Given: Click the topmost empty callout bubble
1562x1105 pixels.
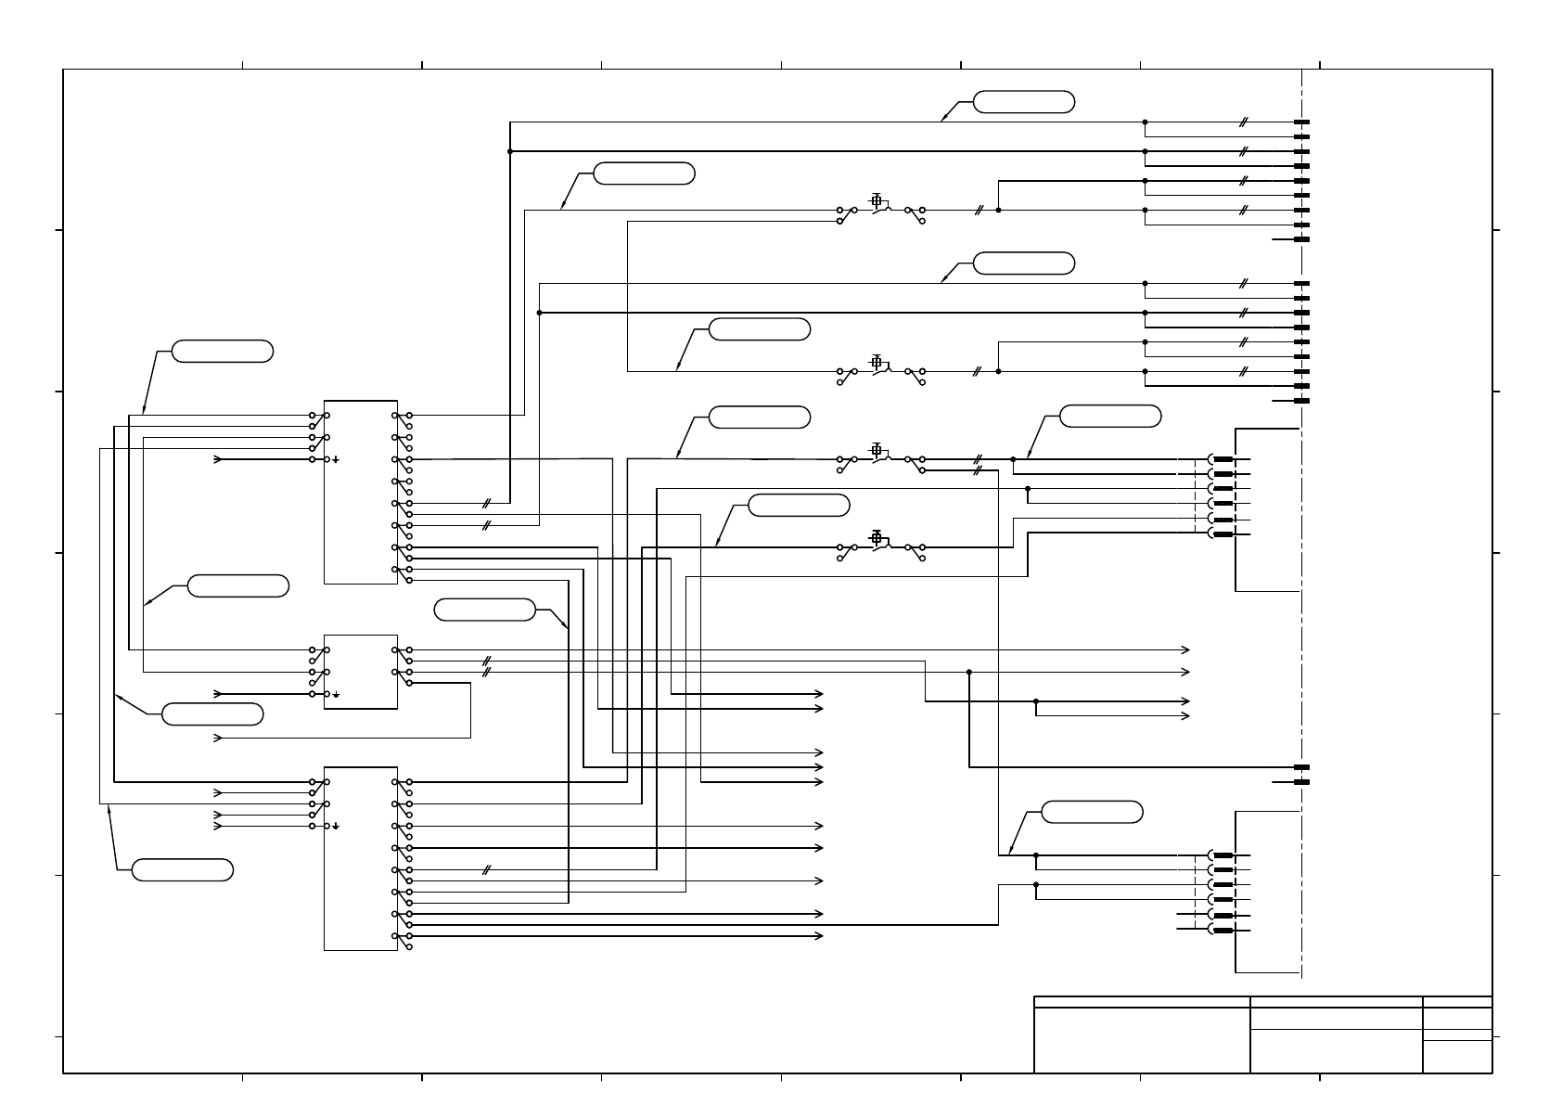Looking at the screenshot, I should (x=1024, y=102).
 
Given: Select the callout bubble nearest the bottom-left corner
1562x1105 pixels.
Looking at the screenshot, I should (x=182, y=870).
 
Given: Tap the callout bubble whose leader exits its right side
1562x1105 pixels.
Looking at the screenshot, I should (x=485, y=610).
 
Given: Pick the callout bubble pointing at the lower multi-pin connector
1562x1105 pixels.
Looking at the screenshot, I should (x=1092, y=812).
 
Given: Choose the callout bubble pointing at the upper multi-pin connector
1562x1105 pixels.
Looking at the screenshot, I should (x=1109, y=417).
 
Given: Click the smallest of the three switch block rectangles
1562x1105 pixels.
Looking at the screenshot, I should (x=360, y=672).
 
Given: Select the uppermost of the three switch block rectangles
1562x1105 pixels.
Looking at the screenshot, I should (x=360, y=492).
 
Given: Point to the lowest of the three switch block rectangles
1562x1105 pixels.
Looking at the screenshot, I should (x=360, y=858).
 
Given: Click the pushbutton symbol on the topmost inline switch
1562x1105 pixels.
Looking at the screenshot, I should (x=877, y=200).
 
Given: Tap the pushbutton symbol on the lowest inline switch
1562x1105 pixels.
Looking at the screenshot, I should (x=877, y=537).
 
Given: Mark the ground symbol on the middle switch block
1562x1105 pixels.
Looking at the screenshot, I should (x=337, y=694).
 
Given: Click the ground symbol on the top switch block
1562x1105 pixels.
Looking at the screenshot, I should (x=337, y=459).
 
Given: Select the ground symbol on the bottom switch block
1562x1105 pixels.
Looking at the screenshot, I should (x=337, y=826).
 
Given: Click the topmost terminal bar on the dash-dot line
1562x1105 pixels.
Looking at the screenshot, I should (x=1301, y=122).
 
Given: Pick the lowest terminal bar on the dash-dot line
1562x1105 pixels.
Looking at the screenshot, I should (x=1301, y=782).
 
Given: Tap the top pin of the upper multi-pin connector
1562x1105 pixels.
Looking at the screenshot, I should (x=1223, y=459).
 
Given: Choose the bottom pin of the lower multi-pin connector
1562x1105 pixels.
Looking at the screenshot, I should (x=1223, y=930).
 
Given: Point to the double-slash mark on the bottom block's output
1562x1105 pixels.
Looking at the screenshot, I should (x=486, y=870).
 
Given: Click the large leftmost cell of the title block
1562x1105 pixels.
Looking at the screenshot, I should (x=1142, y=1040).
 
